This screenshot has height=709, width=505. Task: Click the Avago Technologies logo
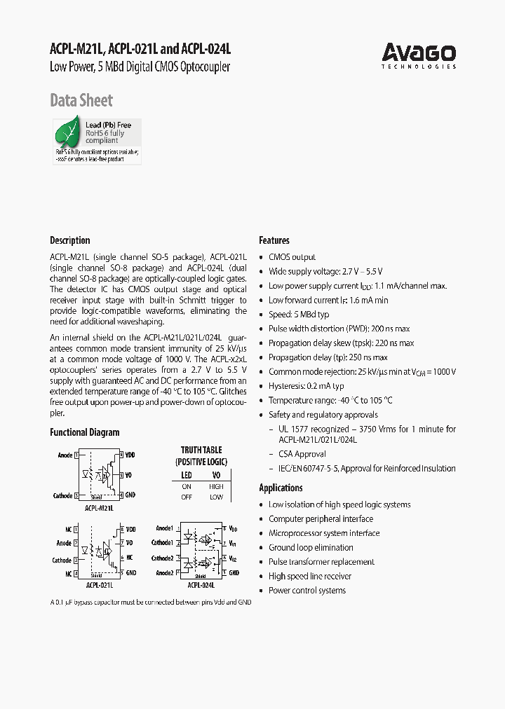tap(419, 55)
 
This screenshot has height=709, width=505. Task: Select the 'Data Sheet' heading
tap(81, 100)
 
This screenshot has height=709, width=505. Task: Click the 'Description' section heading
tap(70, 240)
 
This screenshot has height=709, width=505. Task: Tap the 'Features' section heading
tap(274, 240)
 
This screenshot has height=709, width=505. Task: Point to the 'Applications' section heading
tap(281, 488)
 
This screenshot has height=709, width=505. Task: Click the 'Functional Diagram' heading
tap(85, 432)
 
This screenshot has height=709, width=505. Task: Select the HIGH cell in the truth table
tap(216, 486)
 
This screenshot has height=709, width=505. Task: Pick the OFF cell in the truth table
tap(187, 497)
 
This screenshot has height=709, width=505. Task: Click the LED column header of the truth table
tap(187, 475)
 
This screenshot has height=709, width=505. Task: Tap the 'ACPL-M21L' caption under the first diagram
tap(99, 508)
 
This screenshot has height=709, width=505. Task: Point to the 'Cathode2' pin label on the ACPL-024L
tap(162, 558)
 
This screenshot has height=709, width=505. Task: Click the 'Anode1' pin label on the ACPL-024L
tap(164, 528)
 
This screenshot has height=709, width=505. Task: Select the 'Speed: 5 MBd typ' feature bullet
tap(299, 315)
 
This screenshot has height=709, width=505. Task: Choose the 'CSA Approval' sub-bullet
tap(302, 454)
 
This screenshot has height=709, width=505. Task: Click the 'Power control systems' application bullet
tap(307, 591)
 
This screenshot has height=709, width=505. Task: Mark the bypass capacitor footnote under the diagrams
tap(151, 603)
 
